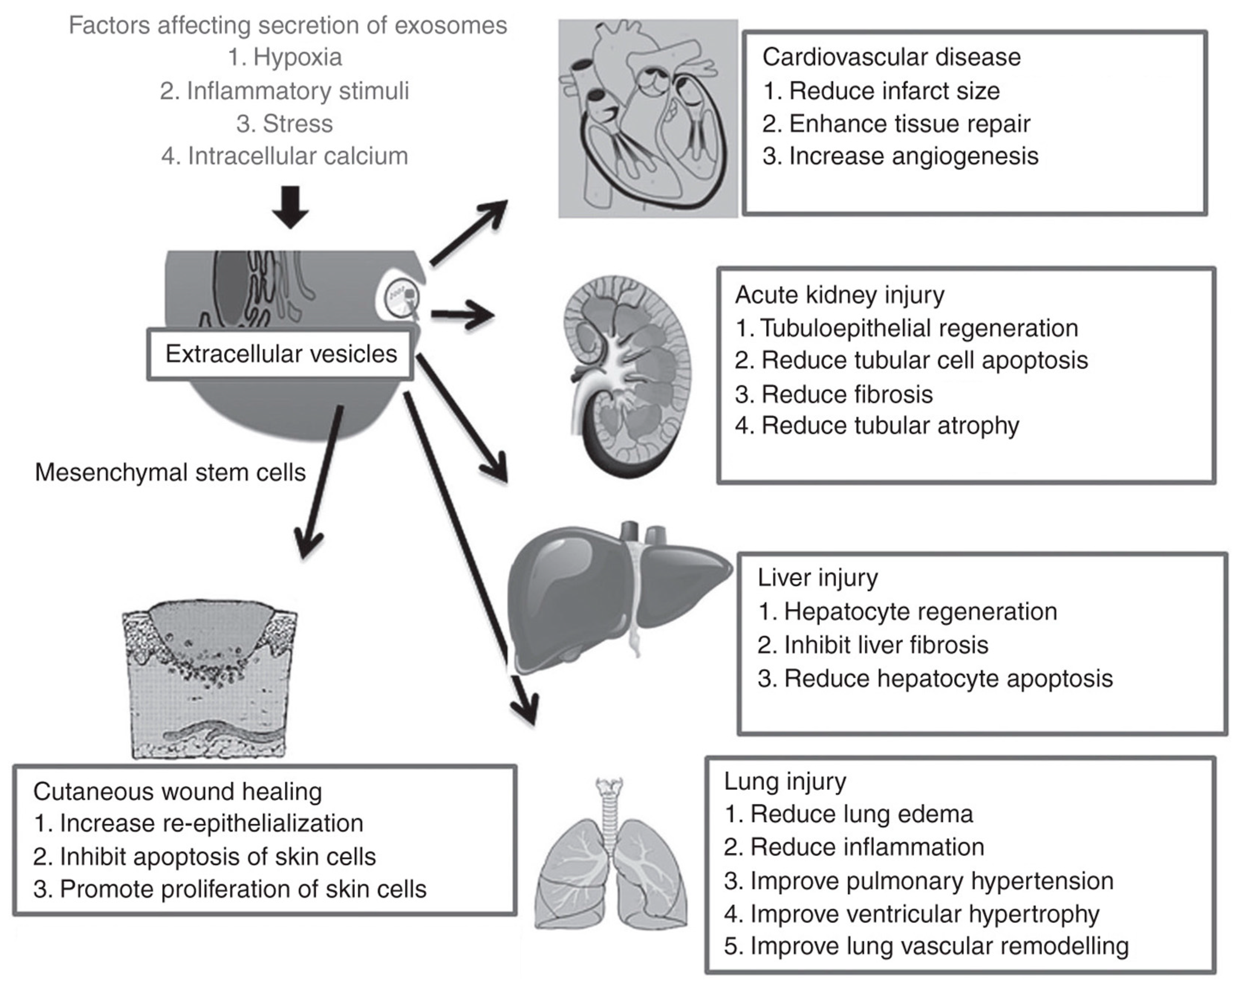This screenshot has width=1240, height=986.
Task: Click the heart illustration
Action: [x=648, y=119]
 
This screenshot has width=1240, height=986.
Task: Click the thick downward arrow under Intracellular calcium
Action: [x=290, y=207]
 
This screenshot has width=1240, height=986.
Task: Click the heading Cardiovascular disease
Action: [x=891, y=57]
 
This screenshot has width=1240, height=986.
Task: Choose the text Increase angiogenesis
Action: [x=900, y=156]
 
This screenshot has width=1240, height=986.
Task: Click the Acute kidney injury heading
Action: [x=840, y=295]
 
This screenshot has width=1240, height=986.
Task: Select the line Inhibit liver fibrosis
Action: [x=872, y=645]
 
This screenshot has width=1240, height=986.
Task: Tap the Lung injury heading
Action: [x=785, y=781]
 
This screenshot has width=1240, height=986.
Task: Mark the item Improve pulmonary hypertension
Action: [x=918, y=881]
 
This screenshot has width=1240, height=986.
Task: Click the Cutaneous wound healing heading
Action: [x=177, y=792]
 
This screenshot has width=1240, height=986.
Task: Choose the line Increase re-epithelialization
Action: [x=198, y=823]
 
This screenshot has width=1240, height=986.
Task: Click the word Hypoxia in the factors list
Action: [x=297, y=57]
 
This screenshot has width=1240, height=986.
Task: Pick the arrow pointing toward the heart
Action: [x=469, y=233]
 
